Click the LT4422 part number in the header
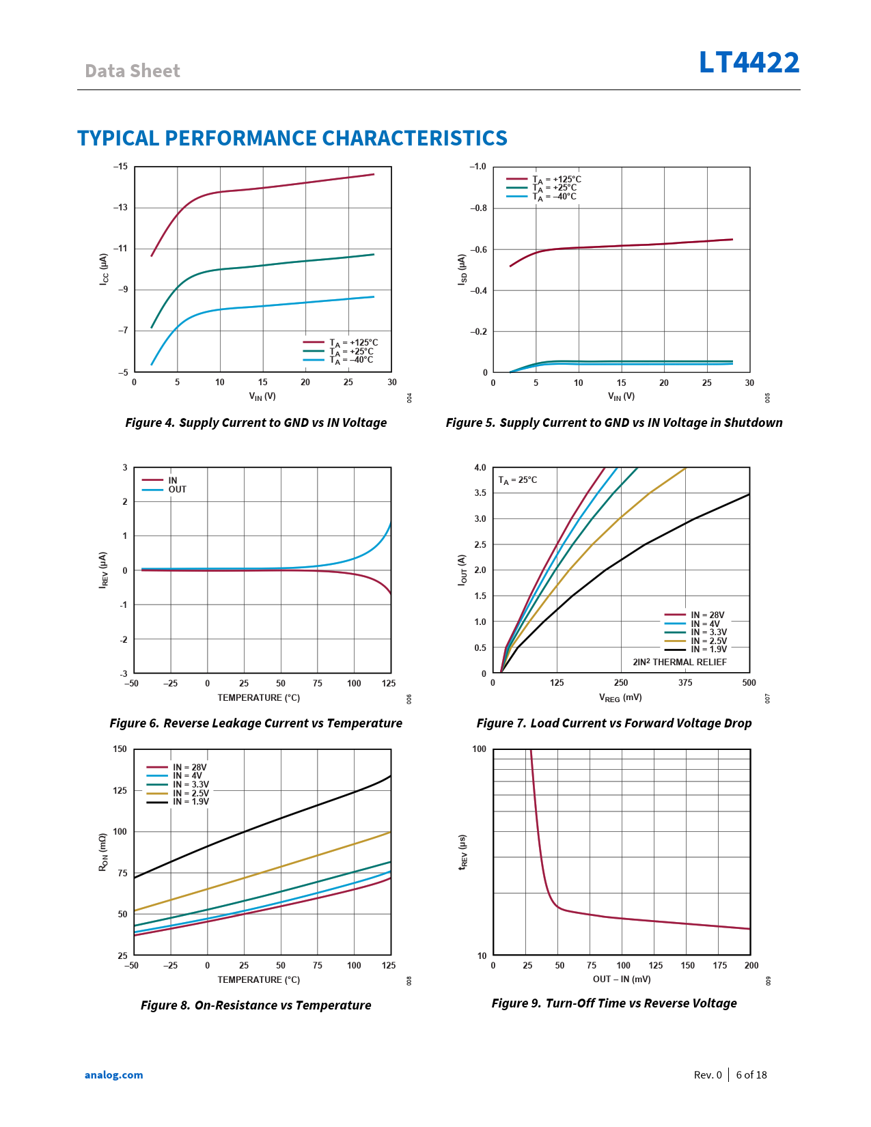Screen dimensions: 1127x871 pyautogui.click(x=749, y=63)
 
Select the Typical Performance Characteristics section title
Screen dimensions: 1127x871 pyautogui.click(x=292, y=138)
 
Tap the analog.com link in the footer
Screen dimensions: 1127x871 pyautogui.click(x=114, y=1075)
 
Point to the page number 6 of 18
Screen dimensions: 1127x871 pyautogui.click(x=751, y=1075)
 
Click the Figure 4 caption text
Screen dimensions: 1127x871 pyautogui.click(x=255, y=423)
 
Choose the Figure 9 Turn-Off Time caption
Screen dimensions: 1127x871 pyautogui.click(x=613, y=1003)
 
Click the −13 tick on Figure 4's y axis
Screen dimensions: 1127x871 pyautogui.click(x=120, y=208)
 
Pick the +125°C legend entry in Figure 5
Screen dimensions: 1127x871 pyautogui.click(x=556, y=180)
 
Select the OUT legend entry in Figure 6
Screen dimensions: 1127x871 pyautogui.click(x=177, y=490)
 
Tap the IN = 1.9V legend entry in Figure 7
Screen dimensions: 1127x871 pyautogui.click(x=708, y=649)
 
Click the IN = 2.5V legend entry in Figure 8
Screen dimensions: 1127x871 pyautogui.click(x=191, y=793)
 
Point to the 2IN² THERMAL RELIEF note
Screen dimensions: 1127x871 pyautogui.click(x=679, y=662)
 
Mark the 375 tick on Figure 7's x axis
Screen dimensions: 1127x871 pyautogui.click(x=685, y=683)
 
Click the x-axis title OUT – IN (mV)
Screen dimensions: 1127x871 pyautogui.click(x=622, y=979)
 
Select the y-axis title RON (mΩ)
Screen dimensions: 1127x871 pyautogui.click(x=103, y=852)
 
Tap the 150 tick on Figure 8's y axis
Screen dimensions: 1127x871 pyautogui.click(x=120, y=749)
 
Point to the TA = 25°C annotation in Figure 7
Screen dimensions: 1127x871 pyautogui.click(x=517, y=480)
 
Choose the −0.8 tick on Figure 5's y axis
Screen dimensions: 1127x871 pyautogui.click(x=479, y=208)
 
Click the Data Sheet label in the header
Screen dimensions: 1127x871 pyautogui.click(x=133, y=71)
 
